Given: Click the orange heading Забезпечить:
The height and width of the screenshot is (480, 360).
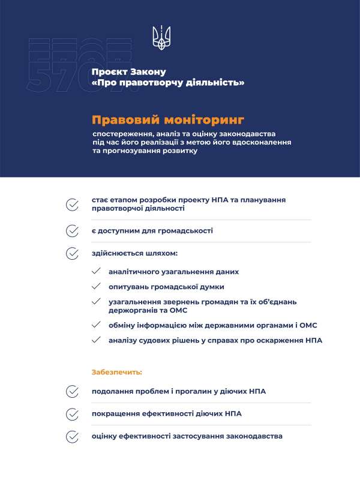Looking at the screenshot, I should click(x=117, y=372).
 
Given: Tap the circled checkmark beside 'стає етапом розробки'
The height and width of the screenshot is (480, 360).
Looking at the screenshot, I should click(x=72, y=204).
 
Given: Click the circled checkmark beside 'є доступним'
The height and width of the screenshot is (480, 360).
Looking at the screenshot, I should click(x=72, y=230).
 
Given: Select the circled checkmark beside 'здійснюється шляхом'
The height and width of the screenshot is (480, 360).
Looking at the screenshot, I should click(x=72, y=253).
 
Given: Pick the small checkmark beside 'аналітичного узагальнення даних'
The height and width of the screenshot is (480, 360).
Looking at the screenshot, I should click(x=96, y=271).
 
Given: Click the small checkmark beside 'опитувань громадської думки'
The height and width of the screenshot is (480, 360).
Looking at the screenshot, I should click(x=96, y=287).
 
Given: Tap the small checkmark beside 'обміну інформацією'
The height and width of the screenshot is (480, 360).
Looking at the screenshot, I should click(x=96, y=325).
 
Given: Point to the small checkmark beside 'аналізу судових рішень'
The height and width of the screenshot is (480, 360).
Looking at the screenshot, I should click(x=96, y=340).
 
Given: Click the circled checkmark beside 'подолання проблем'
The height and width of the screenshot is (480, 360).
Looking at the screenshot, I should click(x=72, y=391).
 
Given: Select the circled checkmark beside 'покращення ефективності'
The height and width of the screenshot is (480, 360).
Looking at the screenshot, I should click(x=72, y=414).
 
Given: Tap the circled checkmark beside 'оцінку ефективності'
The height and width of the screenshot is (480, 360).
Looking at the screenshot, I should click(x=72, y=436).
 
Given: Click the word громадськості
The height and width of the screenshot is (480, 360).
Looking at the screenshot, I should click(x=184, y=230).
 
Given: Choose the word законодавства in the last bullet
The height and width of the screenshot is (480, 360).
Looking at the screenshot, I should click(x=251, y=436).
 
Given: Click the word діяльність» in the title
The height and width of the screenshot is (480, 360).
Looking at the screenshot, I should click(x=217, y=83).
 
